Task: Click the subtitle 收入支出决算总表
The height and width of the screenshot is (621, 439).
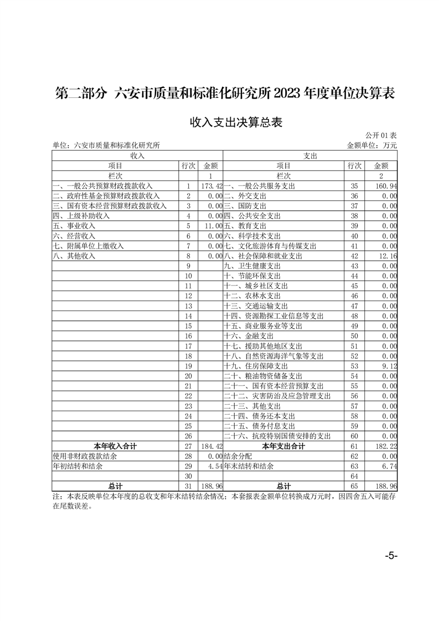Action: [x=236, y=122]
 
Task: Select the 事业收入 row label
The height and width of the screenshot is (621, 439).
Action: [x=74, y=226]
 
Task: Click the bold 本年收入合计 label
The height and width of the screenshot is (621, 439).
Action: [x=115, y=446]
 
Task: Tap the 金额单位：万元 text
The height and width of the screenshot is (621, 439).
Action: [x=371, y=146]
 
